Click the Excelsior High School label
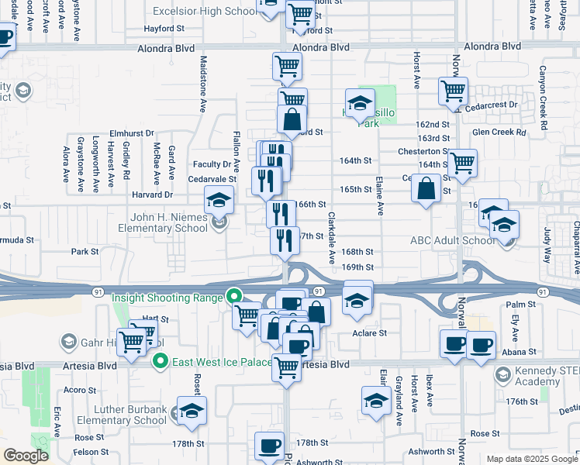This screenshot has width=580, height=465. click(205, 12)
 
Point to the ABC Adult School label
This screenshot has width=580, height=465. click(453, 240)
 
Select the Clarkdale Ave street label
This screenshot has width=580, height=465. click(331, 237)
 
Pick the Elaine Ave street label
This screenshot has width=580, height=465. click(380, 195)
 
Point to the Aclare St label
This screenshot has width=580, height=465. click(370, 332)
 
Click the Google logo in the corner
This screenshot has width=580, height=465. click(26, 456)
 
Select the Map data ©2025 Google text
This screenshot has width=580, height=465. click(532, 459)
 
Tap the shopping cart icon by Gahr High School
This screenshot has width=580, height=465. click(132, 339)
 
